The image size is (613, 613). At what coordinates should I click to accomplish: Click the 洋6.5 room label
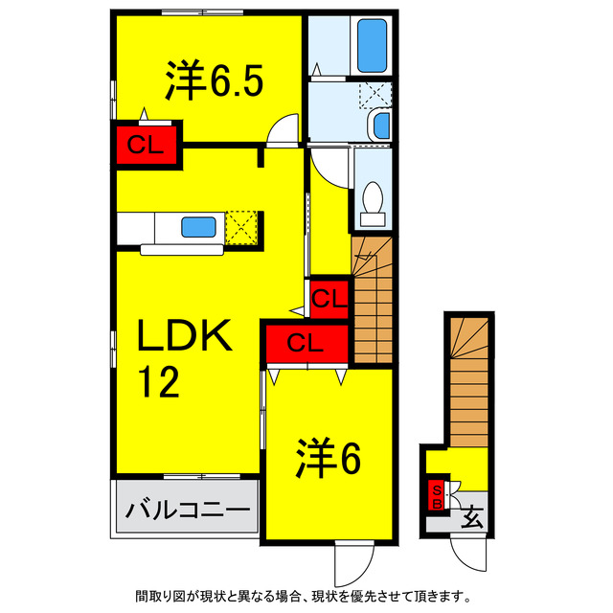click(x=212, y=82)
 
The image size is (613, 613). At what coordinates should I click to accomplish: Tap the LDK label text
click(x=183, y=337)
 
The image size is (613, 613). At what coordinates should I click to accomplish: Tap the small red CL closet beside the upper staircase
click(x=329, y=299)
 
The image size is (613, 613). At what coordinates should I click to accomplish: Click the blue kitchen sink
click(x=198, y=227)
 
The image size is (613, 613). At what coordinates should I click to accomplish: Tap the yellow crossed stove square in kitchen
click(x=243, y=228)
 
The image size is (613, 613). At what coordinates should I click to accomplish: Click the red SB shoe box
click(x=437, y=496)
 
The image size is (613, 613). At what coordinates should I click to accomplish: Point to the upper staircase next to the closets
click(x=373, y=299)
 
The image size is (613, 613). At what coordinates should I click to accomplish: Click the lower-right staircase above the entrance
click(x=468, y=379)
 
